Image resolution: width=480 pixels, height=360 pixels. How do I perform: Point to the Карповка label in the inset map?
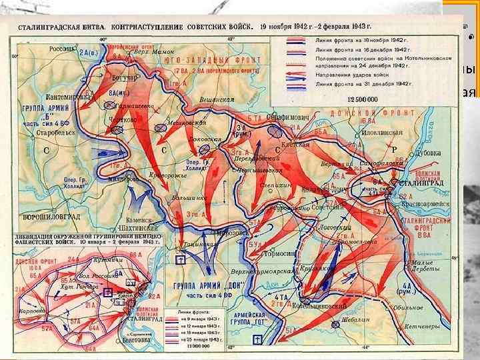click(x=28, y=310)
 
